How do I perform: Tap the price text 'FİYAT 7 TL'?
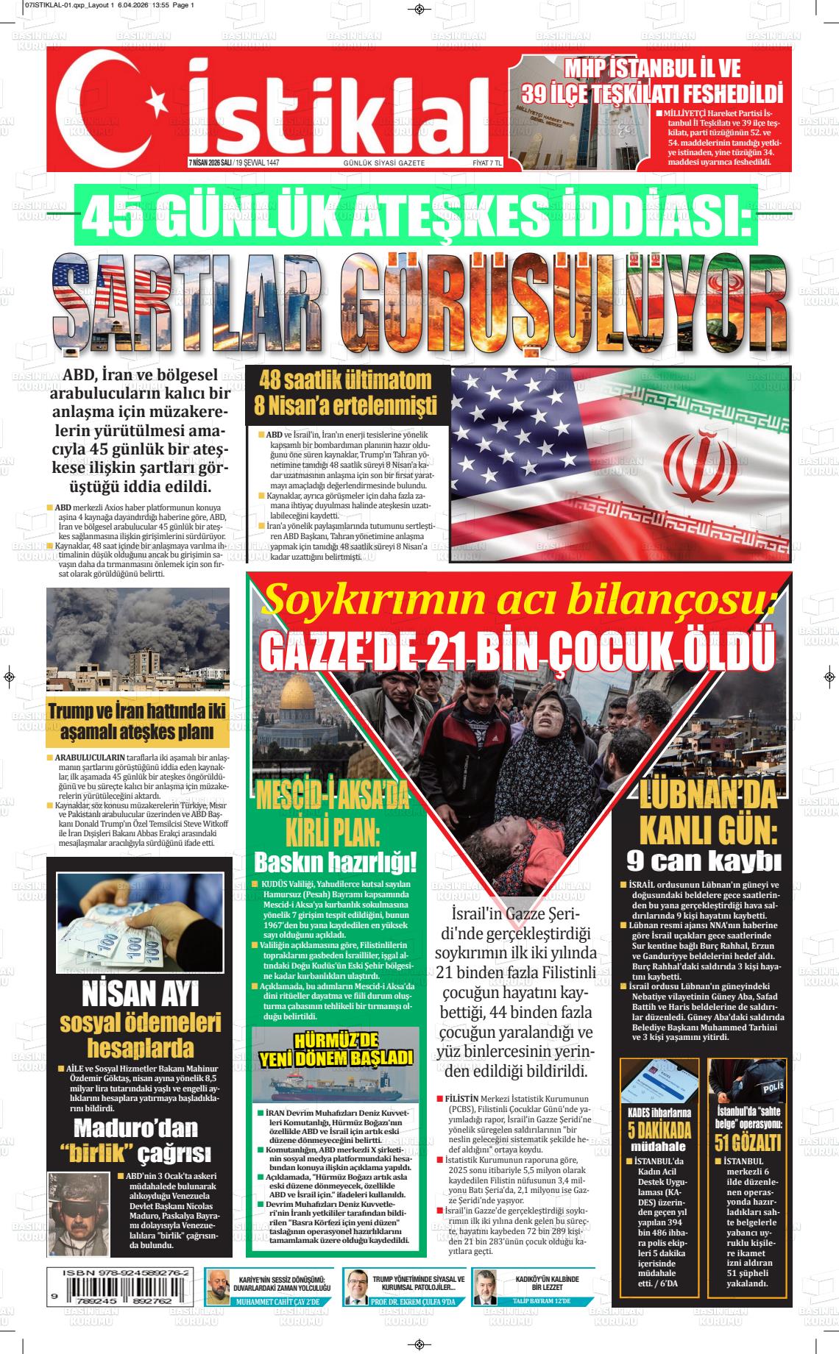[x=486, y=163]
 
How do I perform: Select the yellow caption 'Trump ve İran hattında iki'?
[x=137, y=711]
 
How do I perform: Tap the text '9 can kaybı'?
[x=704, y=859]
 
